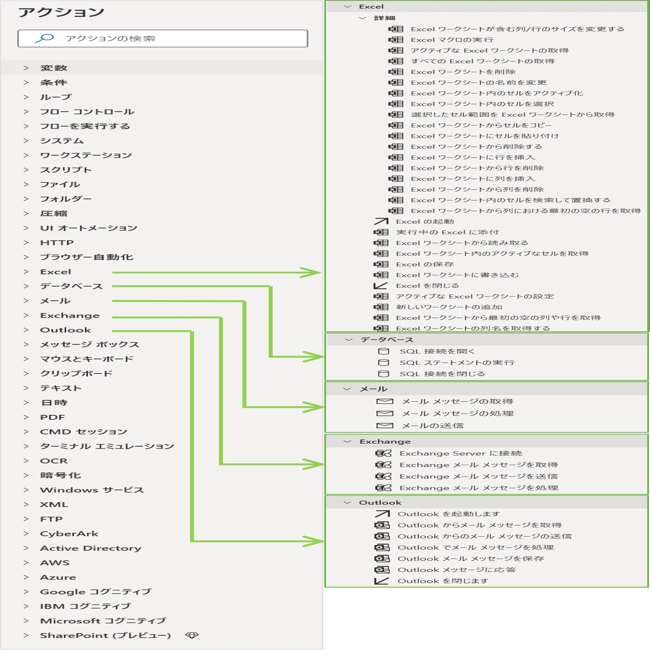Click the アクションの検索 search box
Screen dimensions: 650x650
click(162, 38)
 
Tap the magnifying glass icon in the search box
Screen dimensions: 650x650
click(45, 38)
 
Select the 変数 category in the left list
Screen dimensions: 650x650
click(54, 68)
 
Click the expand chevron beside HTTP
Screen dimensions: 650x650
click(26, 242)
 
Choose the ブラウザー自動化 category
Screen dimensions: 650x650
click(86, 257)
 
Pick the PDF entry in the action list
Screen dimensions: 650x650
click(52, 417)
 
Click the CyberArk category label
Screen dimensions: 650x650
click(69, 534)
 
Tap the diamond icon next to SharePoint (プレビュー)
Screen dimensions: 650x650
click(192, 635)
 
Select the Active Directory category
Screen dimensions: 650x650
click(90, 548)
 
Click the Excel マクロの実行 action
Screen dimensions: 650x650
click(452, 40)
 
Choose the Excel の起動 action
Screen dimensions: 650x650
click(425, 221)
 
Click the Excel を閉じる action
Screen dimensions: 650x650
click(427, 286)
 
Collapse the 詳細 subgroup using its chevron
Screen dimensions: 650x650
click(362, 18)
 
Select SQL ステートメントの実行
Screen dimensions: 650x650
click(457, 362)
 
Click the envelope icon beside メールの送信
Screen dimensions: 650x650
click(384, 426)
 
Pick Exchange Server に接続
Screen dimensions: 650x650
click(461, 453)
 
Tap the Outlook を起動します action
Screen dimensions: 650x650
click(449, 514)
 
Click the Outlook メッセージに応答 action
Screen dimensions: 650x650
click(457, 570)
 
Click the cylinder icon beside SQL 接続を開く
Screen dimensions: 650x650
click(383, 351)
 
